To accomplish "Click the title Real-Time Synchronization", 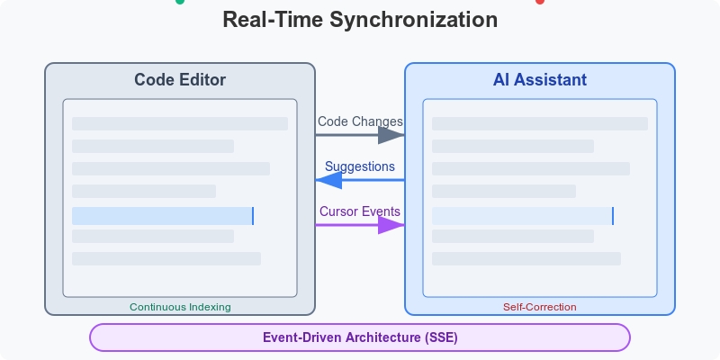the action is (360, 20).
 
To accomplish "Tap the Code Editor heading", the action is (180, 80).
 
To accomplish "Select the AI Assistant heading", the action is (540, 80).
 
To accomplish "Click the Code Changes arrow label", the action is (360, 121).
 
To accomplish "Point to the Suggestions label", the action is (360, 166).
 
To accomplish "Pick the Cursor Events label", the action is (360, 211).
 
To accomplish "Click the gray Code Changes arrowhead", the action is (391, 135).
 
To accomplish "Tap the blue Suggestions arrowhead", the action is (328, 180).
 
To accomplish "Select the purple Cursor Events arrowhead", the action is (391, 225).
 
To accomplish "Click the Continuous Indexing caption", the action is (180, 307).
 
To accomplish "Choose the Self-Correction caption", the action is (540, 307).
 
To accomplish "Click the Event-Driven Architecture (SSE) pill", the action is (360, 337).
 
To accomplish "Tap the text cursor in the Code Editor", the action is (253, 216).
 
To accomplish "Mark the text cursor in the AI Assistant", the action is (613, 216).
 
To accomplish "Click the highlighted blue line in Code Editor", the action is (162, 216).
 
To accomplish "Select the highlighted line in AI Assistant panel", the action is (522, 216).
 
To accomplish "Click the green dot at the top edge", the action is (180, 2).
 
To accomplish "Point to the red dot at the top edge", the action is (540, 2).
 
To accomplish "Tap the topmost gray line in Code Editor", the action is (180, 123).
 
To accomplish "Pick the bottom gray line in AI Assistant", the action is (526, 258).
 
